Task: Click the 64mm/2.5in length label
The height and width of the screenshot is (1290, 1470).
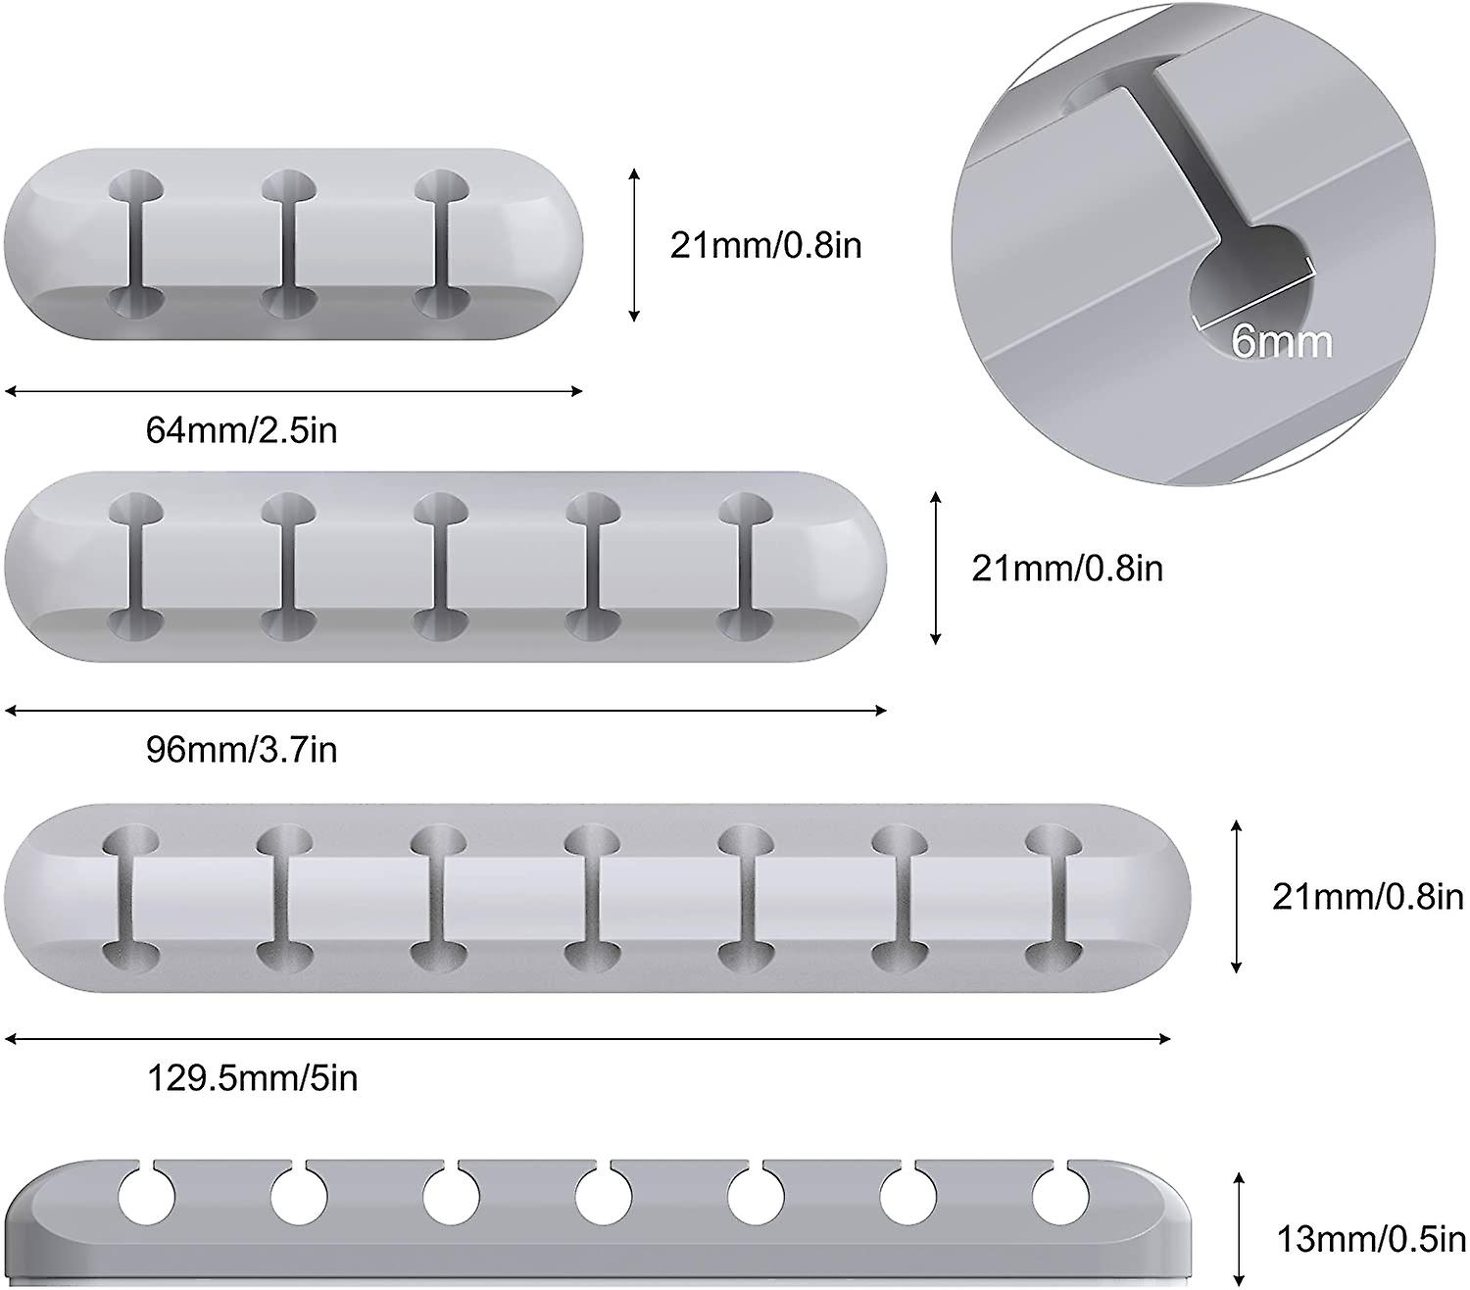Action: [x=242, y=430]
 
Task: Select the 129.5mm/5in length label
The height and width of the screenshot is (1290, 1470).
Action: [x=253, y=1078]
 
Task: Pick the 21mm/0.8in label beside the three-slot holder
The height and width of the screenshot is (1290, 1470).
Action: [x=765, y=245]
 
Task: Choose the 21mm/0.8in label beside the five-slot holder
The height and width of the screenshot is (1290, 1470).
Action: [x=1067, y=569]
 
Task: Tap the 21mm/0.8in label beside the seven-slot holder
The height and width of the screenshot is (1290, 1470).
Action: [x=1368, y=897]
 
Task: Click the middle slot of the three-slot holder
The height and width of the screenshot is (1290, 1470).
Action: [x=289, y=245]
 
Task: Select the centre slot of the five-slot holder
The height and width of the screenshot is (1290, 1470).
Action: [x=441, y=567]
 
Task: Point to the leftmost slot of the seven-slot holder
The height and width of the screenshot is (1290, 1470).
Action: [x=131, y=899]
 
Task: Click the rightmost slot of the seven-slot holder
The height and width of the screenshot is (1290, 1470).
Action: [x=1053, y=899]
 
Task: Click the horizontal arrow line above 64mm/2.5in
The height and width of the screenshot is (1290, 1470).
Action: [x=294, y=392]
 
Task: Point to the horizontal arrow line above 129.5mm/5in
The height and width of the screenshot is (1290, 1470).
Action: [x=588, y=1039]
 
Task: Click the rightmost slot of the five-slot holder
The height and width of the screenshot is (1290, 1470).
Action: [x=746, y=567]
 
